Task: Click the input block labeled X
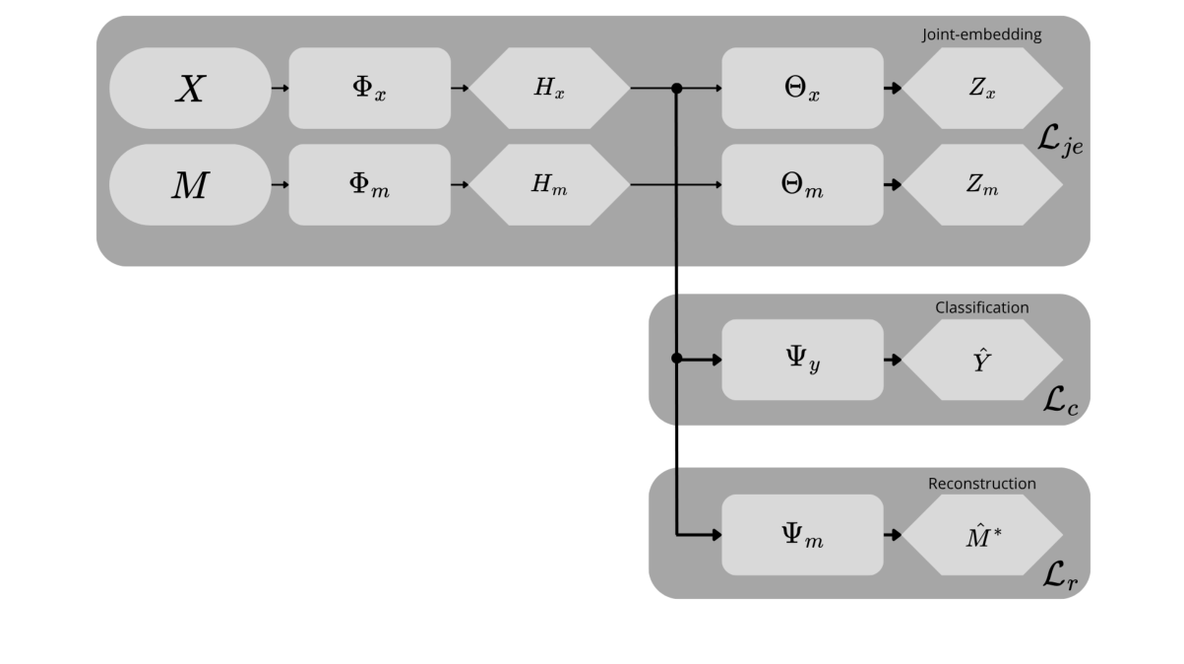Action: pyautogui.click(x=190, y=89)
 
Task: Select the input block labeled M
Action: pyautogui.click(x=190, y=185)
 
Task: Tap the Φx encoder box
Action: pyautogui.click(x=370, y=89)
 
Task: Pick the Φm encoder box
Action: pyautogui.click(x=370, y=185)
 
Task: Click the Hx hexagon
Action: pyautogui.click(x=549, y=89)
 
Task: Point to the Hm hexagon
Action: pyautogui.click(x=549, y=185)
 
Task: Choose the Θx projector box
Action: pyautogui.click(x=802, y=89)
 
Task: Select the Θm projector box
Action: pyautogui.click(x=802, y=185)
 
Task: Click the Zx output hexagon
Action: pyautogui.click(x=982, y=89)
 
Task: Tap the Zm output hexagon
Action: pyautogui.click(x=982, y=185)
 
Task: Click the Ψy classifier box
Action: pyautogui.click(x=802, y=360)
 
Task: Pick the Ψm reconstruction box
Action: pyautogui.click(x=802, y=535)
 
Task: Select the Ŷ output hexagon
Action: pyautogui.click(x=982, y=360)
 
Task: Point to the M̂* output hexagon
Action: pyautogui.click(x=982, y=535)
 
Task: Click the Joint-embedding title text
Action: pyautogui.click(x=981, y=34)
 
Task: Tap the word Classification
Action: pyautogui.click(x=981, y=307)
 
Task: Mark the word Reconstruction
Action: pyautogui.click(x=981, y=484)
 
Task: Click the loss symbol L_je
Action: pyautogui.click(x=1059, y=145)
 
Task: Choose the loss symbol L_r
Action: pyautogui.click(x=1059, y=578)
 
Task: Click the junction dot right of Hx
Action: pyautogui.click(x=676, y=89)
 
